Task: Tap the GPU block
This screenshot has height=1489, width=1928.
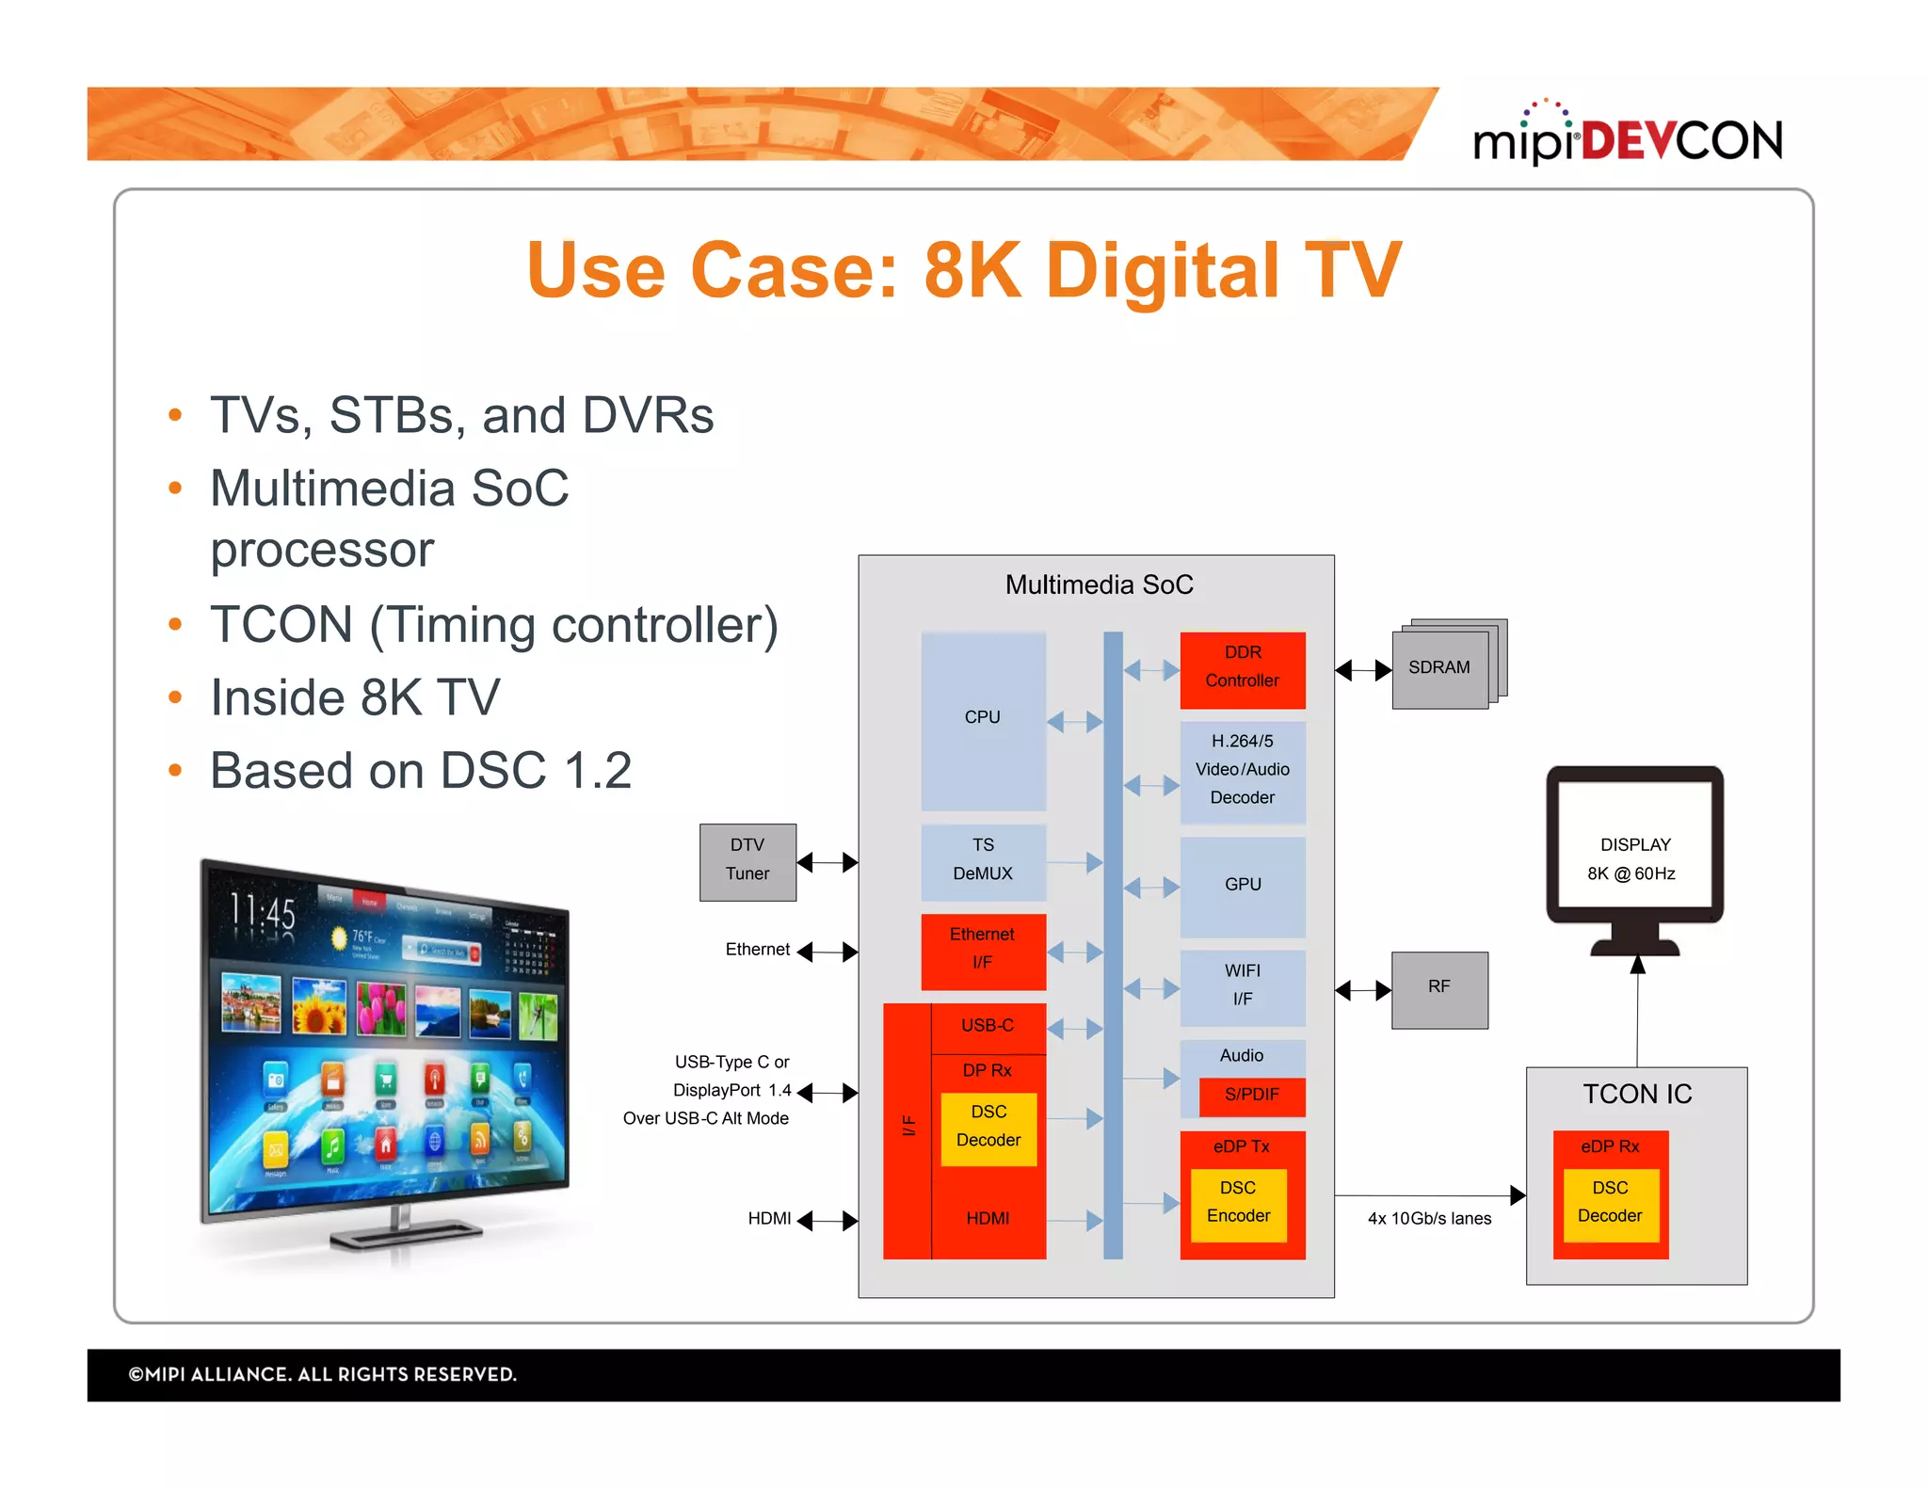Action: pos(1242,885)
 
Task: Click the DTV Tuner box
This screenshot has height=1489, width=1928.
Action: pos(747,860)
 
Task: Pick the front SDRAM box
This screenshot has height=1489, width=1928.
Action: pos(1438,668)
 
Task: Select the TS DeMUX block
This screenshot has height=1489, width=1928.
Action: pos(982,860)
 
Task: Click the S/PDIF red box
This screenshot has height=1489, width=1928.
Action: pos(1251,1095)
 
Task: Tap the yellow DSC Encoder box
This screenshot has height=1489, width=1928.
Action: pos(1238,1203)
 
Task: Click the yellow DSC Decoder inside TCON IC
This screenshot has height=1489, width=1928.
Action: pos(1610,1203)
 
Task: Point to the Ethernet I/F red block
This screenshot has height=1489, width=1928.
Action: pos(982,950)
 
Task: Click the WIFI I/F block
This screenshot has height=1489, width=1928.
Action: pos(1242,985)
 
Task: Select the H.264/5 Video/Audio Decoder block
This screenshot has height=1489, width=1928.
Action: pos(1242,770)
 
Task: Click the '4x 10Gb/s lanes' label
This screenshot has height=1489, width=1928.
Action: pos(1429,1219)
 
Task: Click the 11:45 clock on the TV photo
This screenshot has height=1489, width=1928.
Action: pos(263,911)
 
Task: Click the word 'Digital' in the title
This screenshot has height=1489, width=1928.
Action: pos(1163,270)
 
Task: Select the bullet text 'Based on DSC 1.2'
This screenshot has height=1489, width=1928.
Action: pos(420,771)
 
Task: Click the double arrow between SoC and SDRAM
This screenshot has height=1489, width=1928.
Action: pos(1363,670)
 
